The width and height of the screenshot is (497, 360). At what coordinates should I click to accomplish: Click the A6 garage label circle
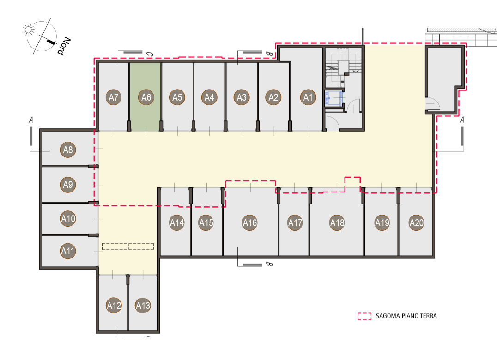146,97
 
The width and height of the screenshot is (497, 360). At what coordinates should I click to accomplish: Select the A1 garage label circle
308,97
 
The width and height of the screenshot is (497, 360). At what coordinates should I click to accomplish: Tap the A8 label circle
68,150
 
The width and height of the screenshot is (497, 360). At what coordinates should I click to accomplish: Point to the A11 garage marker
68,251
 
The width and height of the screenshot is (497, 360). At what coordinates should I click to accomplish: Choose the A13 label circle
143,306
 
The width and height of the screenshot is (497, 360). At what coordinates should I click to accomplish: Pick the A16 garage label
250,223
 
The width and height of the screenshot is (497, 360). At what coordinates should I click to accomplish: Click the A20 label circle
417,223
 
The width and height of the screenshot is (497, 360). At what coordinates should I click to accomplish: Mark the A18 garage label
337,223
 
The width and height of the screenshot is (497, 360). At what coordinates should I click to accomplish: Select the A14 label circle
177,223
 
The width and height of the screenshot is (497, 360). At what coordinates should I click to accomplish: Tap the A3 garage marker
242,97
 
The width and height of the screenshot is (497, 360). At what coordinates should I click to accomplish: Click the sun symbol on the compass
28,30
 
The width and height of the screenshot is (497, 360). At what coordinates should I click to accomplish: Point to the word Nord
64,46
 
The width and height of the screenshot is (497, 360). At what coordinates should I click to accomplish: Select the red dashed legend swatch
364,316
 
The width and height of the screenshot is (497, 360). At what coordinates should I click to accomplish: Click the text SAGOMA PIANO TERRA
406,316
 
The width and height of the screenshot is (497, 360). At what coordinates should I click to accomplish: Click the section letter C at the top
150,54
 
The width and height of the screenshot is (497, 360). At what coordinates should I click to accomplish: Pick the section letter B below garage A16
269,264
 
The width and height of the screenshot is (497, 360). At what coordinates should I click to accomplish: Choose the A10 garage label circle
68,219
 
